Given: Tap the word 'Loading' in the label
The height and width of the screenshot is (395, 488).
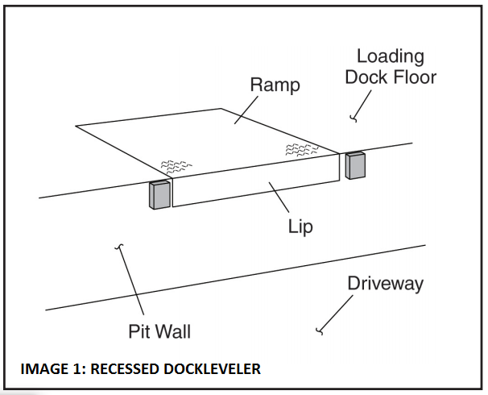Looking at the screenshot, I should [x=390, y=56].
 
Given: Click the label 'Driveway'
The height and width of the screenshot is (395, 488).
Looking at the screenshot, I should [x=385, y=284].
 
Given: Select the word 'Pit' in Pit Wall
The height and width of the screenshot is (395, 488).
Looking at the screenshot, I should [x=140, y=331].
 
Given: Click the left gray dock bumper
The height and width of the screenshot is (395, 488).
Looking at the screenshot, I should [x=159, y=195].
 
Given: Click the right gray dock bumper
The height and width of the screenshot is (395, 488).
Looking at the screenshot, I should [x=355, y=164].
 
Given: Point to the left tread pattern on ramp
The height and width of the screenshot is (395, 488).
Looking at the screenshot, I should [x=176, y=166].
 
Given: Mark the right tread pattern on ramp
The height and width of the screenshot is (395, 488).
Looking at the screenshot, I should [x=303, y=149].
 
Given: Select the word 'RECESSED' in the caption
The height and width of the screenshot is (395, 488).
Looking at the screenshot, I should [x=125, y=370].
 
